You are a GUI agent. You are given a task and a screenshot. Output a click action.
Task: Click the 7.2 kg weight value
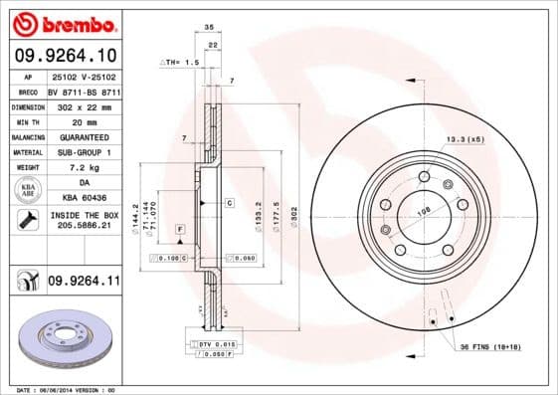point(84,167)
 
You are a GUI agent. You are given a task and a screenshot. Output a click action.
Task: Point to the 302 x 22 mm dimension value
point(84,105)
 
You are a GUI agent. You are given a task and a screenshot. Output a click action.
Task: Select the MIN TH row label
point(26,120)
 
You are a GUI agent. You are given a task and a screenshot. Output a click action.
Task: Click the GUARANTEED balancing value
point(84,136)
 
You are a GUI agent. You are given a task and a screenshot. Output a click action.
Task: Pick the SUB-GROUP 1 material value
point(84,152)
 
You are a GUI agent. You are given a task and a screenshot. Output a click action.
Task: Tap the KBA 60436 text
point(84,198)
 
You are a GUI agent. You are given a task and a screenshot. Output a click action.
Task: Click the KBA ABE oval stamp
point(27,191)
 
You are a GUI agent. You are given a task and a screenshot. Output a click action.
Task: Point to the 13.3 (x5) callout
point(465,140)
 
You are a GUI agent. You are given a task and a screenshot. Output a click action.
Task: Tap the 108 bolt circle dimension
point(423,211)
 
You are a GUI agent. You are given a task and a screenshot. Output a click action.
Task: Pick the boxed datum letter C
point(228,202)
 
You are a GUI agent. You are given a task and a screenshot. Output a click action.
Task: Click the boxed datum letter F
point(180,230)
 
